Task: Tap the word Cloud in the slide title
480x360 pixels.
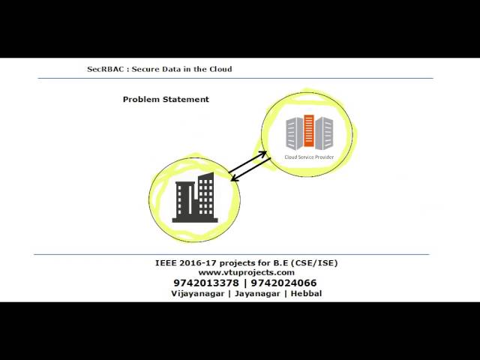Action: pyautogui.click(x=220, y=69)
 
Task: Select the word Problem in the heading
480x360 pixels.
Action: pyautogui.click(x=141, y=99)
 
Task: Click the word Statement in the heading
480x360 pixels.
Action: pyautogui.click(x=186, y=99)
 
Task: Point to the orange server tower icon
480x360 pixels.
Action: pyautogui.click(x=309, y=131)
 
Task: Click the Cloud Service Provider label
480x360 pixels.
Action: pyautogui.click(x=309, y=157)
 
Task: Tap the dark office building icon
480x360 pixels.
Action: pyautogui.click(x=195, y=197)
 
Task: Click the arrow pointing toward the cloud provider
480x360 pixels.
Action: pyautogui.click(x=247, y=162)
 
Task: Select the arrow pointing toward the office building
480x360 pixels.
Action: pyautogui.click(x=251, y=169)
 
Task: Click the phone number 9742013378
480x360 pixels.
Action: pyautogui.click(x=206, y=283)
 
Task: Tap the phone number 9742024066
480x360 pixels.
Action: pyautogui.click(x=283, y=283)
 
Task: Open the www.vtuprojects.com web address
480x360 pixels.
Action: pyautogui.click(x=247, y=272)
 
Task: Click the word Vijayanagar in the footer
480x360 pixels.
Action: pyautogui.click(x=198, y=293)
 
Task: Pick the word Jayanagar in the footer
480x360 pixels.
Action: pyautogui.click(x=257, y=293)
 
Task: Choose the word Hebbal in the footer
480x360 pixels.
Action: pyautogui.click(x=306, y=293)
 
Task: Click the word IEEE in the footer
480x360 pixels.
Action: pyautogui.click(x=165, y=263)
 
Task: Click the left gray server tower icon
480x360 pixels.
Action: pyautogui.click(x=295, y=133)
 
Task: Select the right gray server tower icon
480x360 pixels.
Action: pyautogui.click(x=324, y=133)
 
